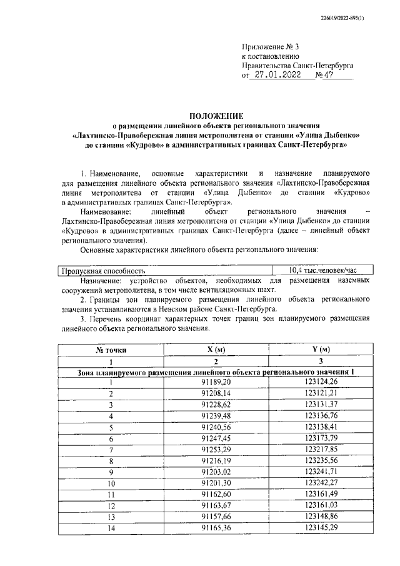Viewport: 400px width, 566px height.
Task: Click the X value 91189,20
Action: (x=216, y=382)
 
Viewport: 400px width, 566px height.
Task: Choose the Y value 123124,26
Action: (x=321, y=382)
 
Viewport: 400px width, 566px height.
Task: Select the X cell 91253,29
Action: (x=216, y=450)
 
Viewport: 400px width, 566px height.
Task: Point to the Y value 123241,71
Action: (x=321, y=472)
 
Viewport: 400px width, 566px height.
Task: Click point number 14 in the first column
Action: (x=111, y=528)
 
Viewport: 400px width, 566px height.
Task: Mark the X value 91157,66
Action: (x=216, y=517)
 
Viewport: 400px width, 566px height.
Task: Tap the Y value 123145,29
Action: (x=321, y=528)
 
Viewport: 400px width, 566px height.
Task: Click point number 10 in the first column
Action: (x=111, y=483)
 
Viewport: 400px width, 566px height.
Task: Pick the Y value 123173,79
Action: (x=321, y=438)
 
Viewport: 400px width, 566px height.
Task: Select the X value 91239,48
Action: (x=216, y=416)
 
